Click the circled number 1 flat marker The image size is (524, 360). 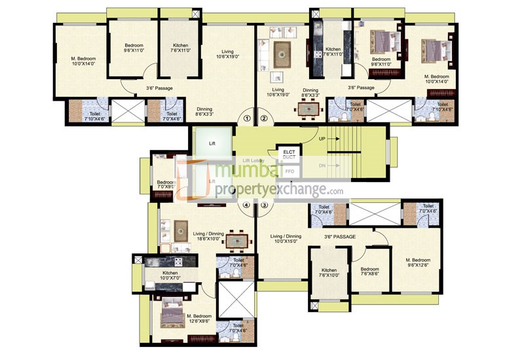coord(247,118)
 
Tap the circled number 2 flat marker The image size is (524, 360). coord(264,118)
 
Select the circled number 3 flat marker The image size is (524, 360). coord(264,205)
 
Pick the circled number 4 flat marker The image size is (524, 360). coord(247,205)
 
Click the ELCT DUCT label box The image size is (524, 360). coord(289,154)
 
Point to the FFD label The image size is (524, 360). coord(289,171)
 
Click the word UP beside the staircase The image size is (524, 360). coord(322,139)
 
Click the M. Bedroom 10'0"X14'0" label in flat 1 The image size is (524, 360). coord(84,62)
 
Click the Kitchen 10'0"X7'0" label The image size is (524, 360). coord(170,275)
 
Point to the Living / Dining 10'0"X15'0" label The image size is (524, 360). coord(284,239)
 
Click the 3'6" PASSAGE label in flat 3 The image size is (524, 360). coord(339,236)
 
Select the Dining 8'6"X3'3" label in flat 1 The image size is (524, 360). coord(208,112)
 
